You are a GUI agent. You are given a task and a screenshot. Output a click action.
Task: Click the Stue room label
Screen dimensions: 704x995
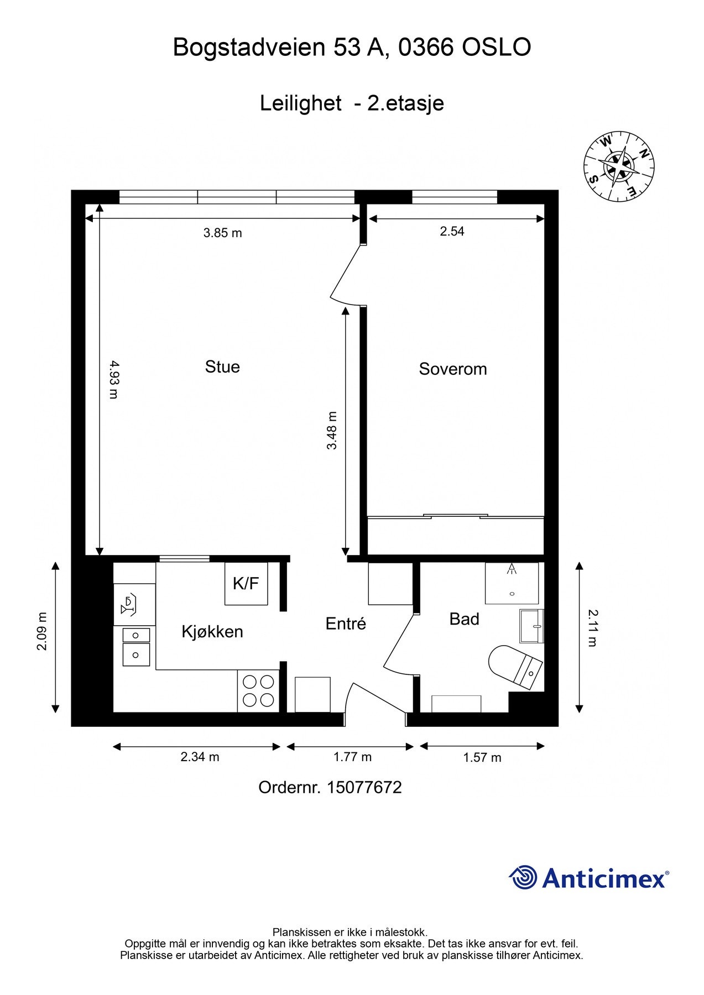point(222,367)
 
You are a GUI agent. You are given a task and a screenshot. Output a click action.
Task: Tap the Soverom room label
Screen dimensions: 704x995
point(453,369)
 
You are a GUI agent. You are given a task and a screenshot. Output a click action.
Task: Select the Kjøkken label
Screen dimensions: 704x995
point(212,632)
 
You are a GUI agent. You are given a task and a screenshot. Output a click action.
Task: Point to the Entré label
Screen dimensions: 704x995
point(346,624)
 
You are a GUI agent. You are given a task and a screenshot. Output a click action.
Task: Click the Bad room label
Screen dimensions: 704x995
point(464,619)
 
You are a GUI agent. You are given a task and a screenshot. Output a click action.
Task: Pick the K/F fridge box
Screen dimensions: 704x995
point(246,583)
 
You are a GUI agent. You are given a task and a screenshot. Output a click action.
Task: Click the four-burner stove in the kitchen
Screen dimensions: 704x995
point(259,691)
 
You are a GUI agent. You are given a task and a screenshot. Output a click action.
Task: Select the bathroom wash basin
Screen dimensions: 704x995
point(531,626)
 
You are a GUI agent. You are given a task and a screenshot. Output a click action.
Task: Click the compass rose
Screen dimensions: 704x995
point(619,166)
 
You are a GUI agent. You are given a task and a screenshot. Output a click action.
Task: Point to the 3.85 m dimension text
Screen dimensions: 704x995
point(222,233)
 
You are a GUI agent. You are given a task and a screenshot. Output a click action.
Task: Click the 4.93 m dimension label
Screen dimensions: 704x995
point(113,379)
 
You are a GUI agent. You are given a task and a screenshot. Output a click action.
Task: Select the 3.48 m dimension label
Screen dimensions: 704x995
point(331,431)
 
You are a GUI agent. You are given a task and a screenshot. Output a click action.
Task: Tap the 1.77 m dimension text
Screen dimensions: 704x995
point(352,757)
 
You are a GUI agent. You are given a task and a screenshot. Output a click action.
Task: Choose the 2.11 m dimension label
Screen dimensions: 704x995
point(592,627)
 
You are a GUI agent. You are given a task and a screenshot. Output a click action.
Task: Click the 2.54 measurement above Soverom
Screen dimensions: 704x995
point(452,231)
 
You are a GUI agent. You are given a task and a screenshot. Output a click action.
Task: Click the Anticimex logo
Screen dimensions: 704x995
point(589,877)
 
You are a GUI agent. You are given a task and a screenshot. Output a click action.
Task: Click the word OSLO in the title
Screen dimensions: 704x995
point(496,48)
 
